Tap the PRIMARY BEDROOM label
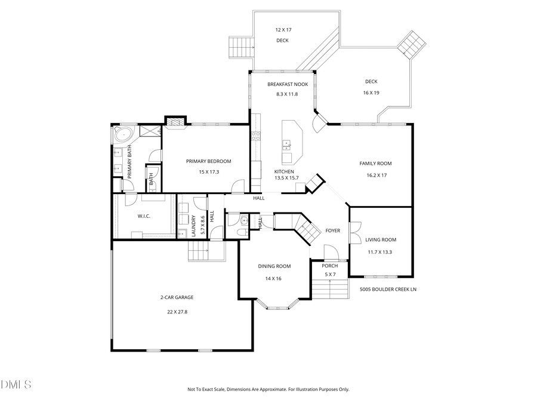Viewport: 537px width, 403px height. [x=208, y=161]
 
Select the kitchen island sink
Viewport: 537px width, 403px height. [x=287, y=144]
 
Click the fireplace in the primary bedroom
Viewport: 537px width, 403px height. [x=174, y=122]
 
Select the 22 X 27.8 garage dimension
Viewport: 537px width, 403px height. [x=177, y=312]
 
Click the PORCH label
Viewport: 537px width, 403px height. [x=329, y=266]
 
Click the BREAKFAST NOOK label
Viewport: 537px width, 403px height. [x=288, y=84]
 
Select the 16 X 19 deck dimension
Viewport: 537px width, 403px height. [x=371, y=93]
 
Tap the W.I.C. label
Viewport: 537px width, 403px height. [x=143, y=216]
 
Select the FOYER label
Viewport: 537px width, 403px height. [x=332, y=230]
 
